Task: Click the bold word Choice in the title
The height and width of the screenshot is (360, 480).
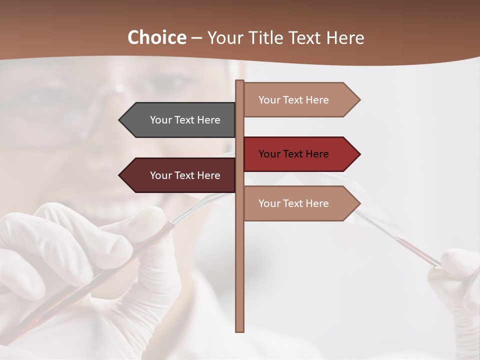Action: click(156, 37)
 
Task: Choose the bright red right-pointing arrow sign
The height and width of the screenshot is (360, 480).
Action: click(300, 154)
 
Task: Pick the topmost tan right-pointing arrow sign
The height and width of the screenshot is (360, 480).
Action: click(300, 100)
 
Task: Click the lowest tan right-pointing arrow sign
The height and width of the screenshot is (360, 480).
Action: click(300, 203)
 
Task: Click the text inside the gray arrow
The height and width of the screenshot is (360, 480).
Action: click(185, 120)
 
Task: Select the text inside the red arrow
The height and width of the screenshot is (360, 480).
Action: click(293, 154)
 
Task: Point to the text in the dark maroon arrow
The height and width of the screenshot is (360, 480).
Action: click(185, 175)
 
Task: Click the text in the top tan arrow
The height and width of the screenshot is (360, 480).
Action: click(293, 100)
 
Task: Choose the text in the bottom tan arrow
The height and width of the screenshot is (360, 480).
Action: click(293, 203)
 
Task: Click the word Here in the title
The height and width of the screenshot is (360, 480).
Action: click(345, 37)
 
